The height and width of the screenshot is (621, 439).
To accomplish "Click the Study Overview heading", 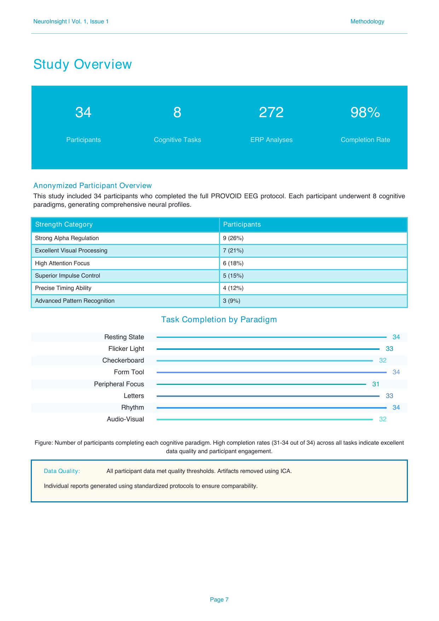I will (82, 64).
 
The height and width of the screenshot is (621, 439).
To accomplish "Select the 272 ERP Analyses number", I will (271, 113).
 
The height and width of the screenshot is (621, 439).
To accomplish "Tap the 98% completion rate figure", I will (365, 113).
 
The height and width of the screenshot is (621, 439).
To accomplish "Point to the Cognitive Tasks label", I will (177, 140).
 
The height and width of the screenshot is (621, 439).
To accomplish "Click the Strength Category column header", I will (64, 224).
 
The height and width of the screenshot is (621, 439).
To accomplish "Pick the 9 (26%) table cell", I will (233, 238).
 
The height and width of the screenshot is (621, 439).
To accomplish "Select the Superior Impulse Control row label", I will (68, 276).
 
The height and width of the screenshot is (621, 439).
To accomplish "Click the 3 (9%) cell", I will (232, 301).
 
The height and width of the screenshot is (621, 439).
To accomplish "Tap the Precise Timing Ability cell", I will (63, 288).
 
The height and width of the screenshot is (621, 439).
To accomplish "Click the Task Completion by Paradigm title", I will (219, 320).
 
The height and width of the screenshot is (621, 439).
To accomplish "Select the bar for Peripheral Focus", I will (261, 384).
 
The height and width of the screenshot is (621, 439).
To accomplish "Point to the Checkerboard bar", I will (265, 361).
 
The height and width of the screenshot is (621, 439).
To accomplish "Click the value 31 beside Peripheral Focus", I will (376, 384).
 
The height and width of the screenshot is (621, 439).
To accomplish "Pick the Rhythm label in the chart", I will (133, 408).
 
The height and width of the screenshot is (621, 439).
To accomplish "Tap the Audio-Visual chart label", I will (125, 419).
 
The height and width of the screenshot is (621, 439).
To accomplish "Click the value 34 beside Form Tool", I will (396, 372).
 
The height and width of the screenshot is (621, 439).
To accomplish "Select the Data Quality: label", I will (62, 471).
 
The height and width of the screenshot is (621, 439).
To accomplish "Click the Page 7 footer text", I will (219, 600).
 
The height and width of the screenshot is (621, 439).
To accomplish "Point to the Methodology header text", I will (367, 22).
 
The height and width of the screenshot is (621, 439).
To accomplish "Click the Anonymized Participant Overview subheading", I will (92, 186).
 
